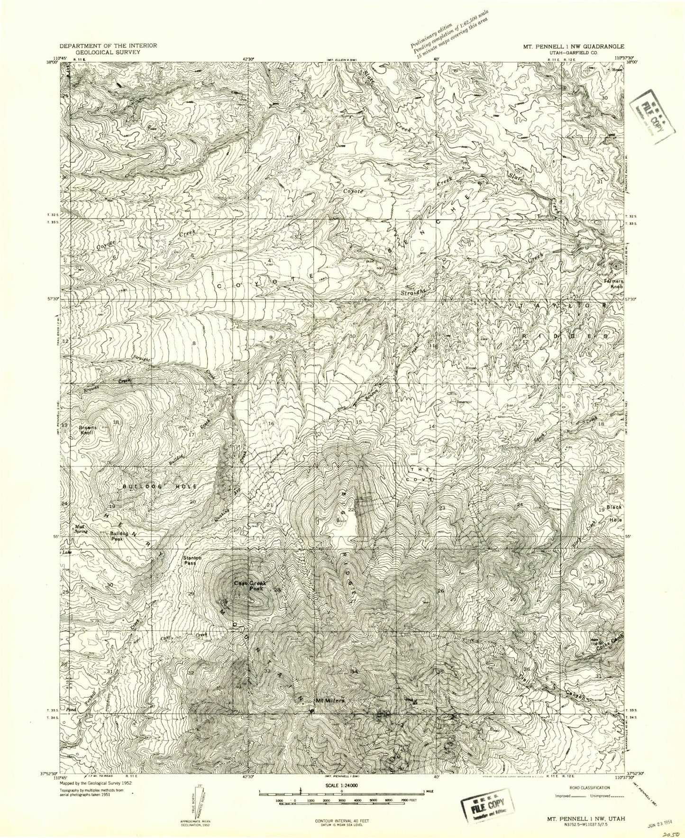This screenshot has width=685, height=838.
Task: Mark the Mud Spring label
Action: point(83,528)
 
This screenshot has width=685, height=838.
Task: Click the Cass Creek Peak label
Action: point(251,586)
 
